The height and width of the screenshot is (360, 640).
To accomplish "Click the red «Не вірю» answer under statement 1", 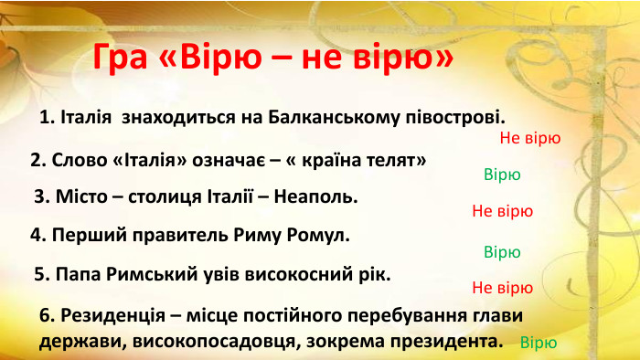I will pos(530,139).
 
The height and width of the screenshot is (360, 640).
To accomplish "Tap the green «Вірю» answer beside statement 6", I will pos(538,344).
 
